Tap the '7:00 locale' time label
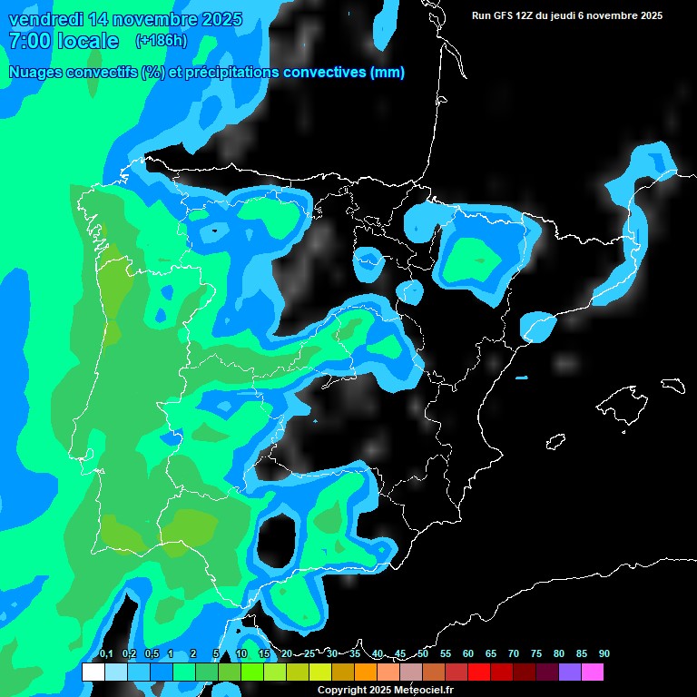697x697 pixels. coord(64,41)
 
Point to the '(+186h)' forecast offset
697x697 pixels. coord(161,41)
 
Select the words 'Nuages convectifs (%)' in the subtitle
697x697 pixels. coord(86,73)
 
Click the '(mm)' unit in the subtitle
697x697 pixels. coord(388,73)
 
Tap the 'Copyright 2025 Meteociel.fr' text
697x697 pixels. coord(385,691)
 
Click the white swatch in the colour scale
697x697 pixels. coord(93,672)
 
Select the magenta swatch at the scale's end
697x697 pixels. coord(593,672)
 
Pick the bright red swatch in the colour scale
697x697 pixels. coord(479,672)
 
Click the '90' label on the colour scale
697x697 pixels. coord(604,654)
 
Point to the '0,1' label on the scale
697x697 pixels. coord(105,654)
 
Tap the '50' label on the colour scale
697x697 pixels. coord(423,654)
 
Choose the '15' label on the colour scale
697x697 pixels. coord(264,654)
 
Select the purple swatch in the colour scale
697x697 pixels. coord(570,672)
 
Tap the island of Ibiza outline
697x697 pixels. coord(555,442)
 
